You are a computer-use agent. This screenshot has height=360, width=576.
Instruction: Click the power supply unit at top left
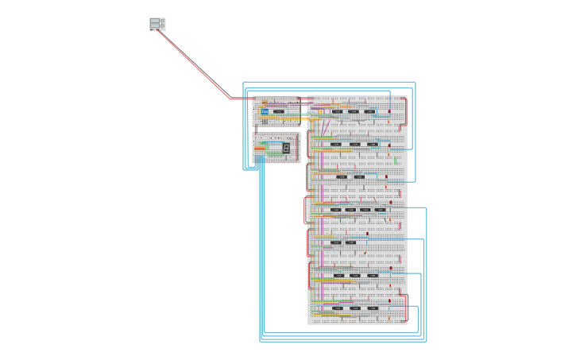tap(157, 24)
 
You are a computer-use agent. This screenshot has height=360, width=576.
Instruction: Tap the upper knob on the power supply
tap(163, 21)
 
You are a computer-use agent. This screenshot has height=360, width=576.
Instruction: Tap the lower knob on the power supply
tap(163, 26)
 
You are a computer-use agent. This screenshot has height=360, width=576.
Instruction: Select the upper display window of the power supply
tap(154, 21)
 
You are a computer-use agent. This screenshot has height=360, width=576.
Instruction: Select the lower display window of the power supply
tap(154, 26)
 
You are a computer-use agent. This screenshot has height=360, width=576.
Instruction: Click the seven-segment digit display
tap(286, 148)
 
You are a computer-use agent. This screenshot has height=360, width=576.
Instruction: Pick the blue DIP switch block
tap(265, 111)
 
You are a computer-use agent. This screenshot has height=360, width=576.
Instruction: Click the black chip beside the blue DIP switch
tap(279, 111)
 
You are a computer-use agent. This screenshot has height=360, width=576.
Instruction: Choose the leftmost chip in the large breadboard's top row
tap(338, 111)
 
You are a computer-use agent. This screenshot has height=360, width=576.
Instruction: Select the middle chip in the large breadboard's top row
tap(354, 111)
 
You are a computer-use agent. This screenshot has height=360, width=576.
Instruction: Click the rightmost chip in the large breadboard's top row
tap(369, 111)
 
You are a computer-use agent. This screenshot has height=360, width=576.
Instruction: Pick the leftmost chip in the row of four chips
tap(336, 210)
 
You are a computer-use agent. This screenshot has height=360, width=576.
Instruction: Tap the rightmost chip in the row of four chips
tap(380, 210)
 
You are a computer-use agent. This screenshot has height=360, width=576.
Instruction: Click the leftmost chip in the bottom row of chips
tap(338, 308)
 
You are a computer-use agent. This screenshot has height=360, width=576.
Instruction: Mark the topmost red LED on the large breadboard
tap(389, 112)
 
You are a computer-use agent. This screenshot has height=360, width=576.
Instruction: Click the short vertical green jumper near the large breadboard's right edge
tap(395, 161)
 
